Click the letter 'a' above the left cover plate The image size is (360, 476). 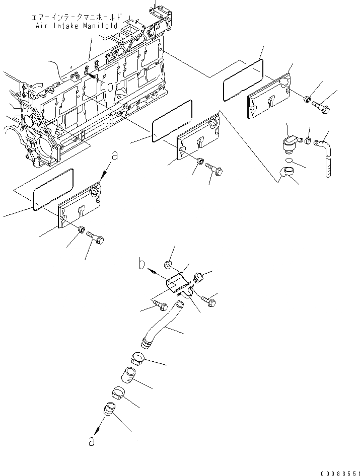[115, 156]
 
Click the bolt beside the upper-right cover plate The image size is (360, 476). [321, 106]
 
